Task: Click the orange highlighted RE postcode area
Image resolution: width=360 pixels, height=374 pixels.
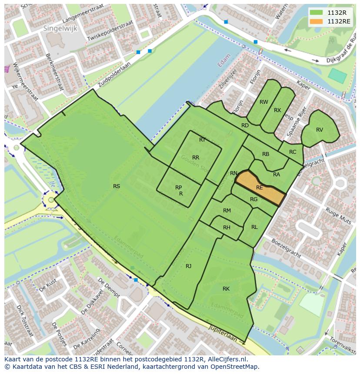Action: [x=260, y=187]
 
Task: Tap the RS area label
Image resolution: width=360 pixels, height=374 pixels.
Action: [x=117, y=186]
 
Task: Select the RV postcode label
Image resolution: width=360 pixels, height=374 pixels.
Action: [x=320, y=130]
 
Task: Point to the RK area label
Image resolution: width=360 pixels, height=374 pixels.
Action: [x=226, y=289]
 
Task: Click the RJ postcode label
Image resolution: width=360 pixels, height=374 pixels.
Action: [x=189, y=266]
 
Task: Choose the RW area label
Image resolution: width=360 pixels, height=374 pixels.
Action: [x=263, y=102]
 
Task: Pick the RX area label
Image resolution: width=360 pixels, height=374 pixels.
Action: [x=277, y=110]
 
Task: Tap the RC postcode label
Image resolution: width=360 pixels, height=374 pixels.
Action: [x=293, y=152]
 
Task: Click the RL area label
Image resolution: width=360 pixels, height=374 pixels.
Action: [x=254, y=227]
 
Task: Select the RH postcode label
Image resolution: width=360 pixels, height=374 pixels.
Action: [x=227, y=228]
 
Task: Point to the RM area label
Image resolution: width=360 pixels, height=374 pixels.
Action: [x=227, y=211]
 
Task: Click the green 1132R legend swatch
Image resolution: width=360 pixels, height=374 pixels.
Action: [x=316, y=12]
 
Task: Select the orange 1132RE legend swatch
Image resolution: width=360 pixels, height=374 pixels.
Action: [x=316, y=21]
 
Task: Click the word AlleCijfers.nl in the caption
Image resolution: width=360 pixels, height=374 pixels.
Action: [x=227, y=359]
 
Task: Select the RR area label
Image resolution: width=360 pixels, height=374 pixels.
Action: [x=196, y=158]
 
